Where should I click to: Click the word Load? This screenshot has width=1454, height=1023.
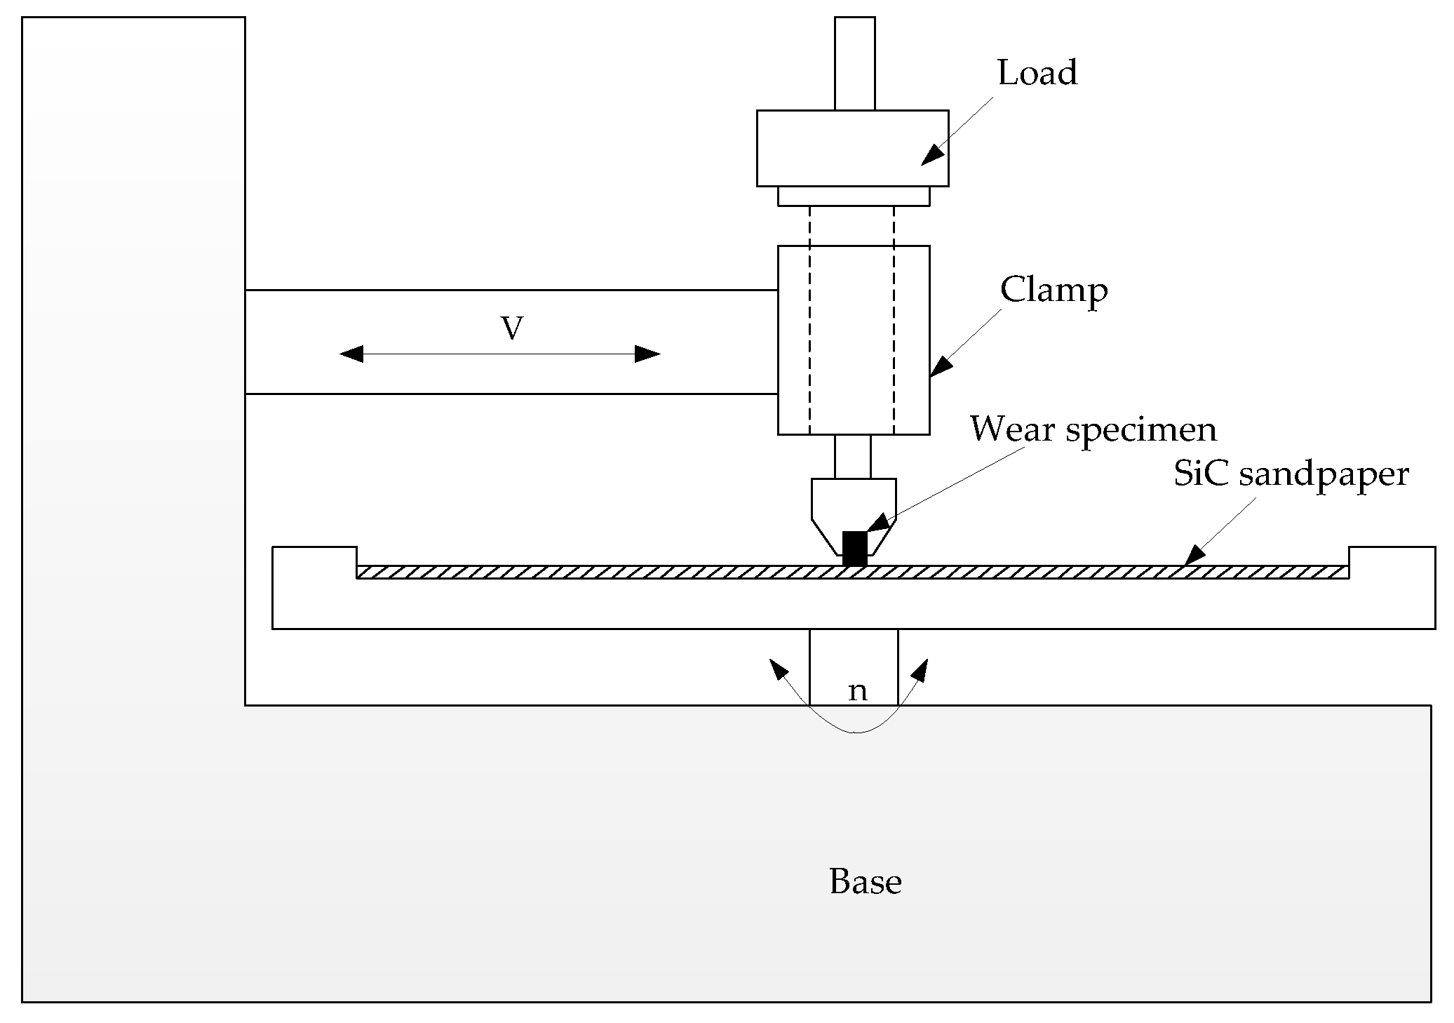click(x=1037, y=73)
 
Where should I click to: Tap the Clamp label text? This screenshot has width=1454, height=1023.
click(x=1054, y=290)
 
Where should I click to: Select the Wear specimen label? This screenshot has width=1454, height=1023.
click(x=1093, y=429)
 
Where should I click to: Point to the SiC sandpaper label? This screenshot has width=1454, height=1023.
click(x=1291, y=475)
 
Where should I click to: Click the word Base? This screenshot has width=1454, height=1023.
click(x=865, y=882)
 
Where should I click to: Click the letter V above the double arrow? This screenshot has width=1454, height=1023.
click(x=512, y=328)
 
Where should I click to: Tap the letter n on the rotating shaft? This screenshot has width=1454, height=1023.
click(x=857, y=691)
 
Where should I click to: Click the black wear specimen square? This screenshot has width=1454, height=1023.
click(x=854, y=548)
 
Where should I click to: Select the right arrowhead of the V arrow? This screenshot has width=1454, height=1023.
click(x=647, y=354)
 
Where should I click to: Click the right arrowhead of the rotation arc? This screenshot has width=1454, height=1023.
click(x=920, y=669)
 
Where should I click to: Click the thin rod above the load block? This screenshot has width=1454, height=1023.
click(x=854, y=63)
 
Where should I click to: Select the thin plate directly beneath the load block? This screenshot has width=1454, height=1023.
click(x=854, y=196)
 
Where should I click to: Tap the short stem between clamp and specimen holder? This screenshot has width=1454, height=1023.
click(x=852, y=456)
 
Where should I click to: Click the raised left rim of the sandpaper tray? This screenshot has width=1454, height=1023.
click(x=314, y=557)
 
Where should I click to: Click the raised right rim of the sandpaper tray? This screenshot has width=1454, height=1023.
click(x=1392, y=557)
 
